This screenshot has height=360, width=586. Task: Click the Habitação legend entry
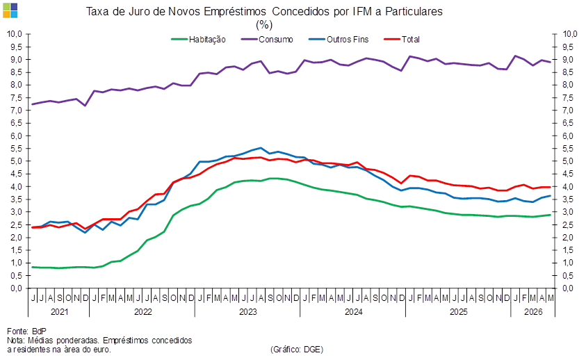click(x=198, y=40)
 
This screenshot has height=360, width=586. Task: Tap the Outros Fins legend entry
click(x=339, y=40)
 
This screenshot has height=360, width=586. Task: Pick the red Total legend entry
click(x=402, y=40)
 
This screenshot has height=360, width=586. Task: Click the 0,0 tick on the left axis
click(x=17, y=288)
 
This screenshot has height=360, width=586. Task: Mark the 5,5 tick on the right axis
click(x=569, y=149)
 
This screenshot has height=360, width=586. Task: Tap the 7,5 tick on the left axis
click(x=17, y=97)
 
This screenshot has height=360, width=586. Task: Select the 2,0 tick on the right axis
click(x=569, y=238)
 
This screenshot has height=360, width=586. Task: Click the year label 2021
click(x=59, y=312)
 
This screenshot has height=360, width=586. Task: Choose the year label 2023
click(x=247, y=312)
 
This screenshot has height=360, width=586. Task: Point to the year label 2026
click(x=533, y=312)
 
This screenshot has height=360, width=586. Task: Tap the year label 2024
click(x=353, y=312)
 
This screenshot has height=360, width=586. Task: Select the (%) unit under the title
click(x=264, y=25)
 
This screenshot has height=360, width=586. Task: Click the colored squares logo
click(x=10, y=10)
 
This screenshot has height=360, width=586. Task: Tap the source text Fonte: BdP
click(x=26, y=332)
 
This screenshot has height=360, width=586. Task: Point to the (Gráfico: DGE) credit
click(x=297, y=349)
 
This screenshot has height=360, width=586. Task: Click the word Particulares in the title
click(x=414, y=12)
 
